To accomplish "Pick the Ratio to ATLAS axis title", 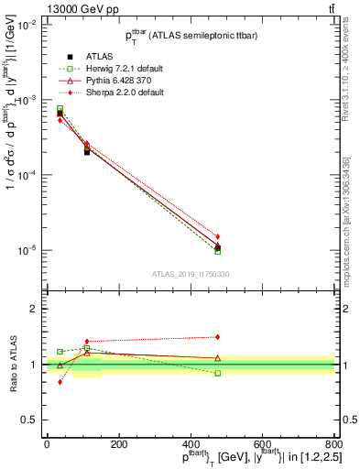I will coord(13,365).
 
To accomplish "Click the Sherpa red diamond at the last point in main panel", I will coord(217,236).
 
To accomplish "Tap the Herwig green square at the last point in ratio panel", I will coord(217,373).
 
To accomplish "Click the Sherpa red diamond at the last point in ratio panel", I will coord(217,336).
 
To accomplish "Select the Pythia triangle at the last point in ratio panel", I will coord(217,358).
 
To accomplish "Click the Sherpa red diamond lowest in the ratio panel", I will coord(60,382).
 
